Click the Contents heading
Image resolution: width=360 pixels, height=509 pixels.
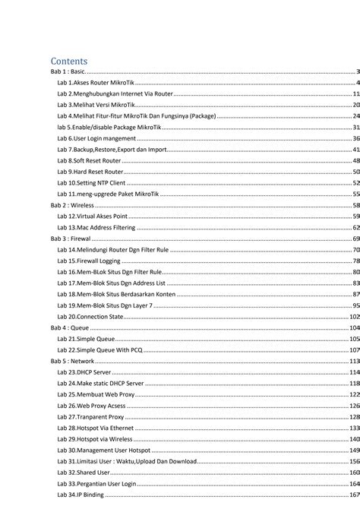coord(69,60)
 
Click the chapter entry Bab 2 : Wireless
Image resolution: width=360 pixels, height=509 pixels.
coord(72,205)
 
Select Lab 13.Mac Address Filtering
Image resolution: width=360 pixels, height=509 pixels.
coord(96,227)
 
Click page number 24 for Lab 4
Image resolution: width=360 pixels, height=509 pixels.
coord(355,116)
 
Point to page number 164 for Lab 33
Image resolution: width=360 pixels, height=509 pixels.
coord(354,483)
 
